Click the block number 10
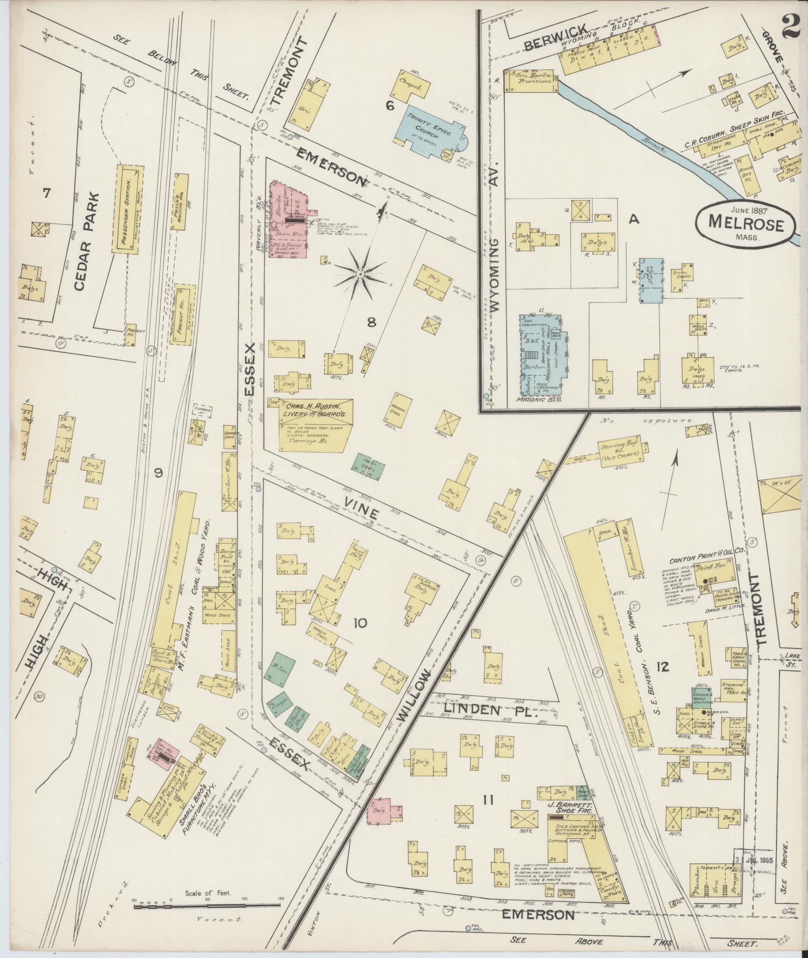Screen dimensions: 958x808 point(360,623)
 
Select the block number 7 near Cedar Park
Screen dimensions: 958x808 point(46,193)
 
